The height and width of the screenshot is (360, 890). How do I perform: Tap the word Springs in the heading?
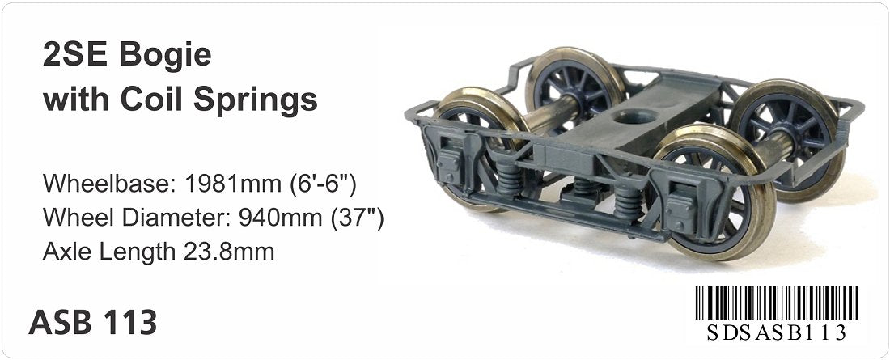click(x=256, y=100)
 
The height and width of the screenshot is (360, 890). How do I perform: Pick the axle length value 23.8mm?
click(x=229, y=251)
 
